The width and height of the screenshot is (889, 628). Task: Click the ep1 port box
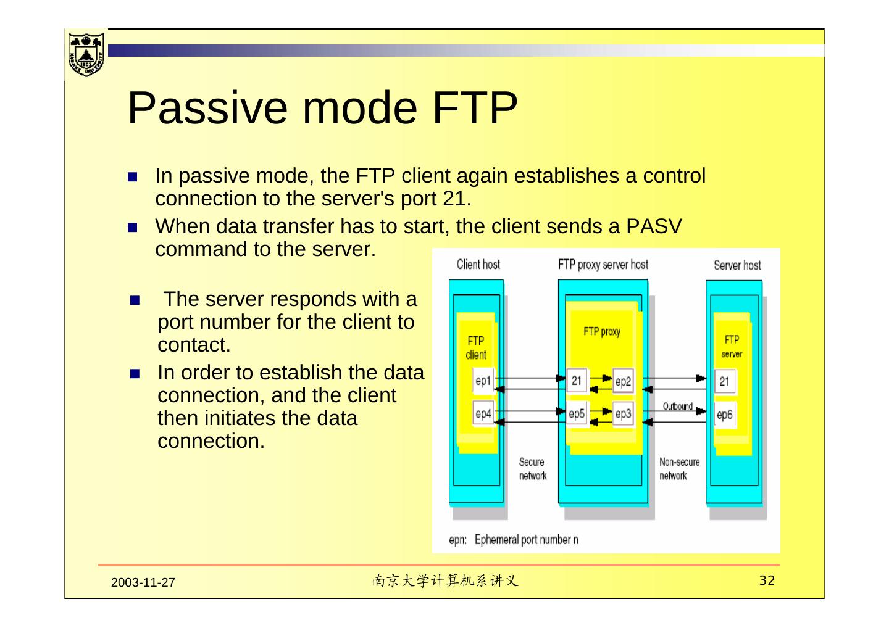(483, 381)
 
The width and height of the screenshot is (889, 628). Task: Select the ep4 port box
(483, 414)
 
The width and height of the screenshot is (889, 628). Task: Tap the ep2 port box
(623, 382)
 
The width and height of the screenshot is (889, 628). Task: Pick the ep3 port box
(623, 414)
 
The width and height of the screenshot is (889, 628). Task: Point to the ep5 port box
(576, 414)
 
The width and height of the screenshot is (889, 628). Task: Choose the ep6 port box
(724, 415)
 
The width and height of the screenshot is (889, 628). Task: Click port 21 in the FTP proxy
(576, 381)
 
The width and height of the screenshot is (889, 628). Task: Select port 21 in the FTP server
(724, 381)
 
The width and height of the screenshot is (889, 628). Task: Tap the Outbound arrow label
(677, 406)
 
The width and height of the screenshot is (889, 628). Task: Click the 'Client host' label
(478, 265)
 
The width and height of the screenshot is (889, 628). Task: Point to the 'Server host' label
(737, 265)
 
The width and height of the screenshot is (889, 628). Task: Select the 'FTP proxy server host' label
(603, 265)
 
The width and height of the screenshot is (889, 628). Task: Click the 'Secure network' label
(532, 469)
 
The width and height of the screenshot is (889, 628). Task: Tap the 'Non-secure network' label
(679, 469)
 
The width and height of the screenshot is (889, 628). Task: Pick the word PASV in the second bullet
(654, 226)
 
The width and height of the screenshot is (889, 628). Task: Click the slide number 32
(766, 580)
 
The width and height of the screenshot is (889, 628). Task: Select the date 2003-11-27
(143, 583)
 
